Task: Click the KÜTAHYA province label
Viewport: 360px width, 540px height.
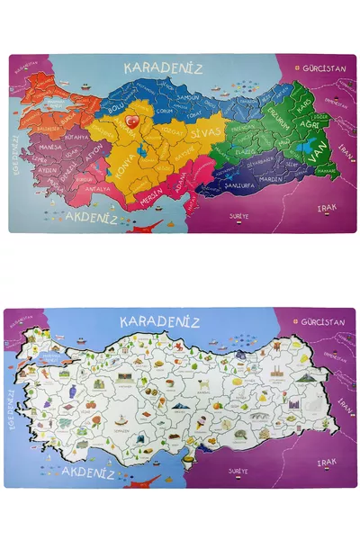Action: [75, 136]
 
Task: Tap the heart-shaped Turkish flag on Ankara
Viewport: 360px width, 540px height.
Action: [132, 121]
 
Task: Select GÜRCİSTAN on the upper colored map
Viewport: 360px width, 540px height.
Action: [325, 68]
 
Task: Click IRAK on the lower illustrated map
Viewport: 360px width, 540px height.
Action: [326, 461]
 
